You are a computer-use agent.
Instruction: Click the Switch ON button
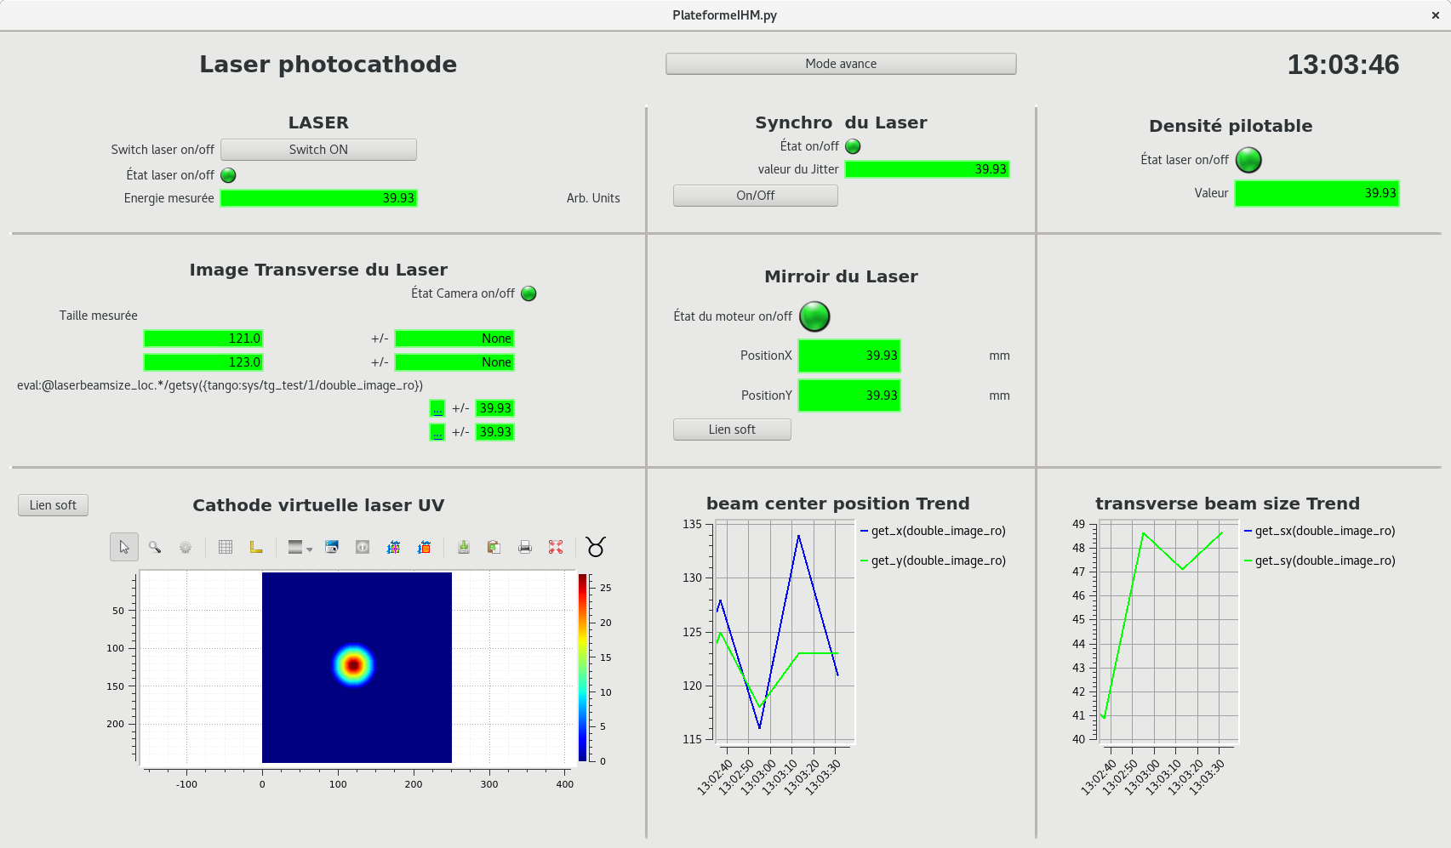coord(318,150)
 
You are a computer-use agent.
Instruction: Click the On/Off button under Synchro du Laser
coord(755,196)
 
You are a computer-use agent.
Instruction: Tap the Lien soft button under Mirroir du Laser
coord(732,430)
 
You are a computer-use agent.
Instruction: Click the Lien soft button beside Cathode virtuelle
coord(53,505)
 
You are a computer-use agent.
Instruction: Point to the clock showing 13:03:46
coord(1342,65)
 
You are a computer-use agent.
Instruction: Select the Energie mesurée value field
coord(318,198)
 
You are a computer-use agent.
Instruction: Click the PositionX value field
coord(848,356)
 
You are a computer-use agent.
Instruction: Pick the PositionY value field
coord(848,396)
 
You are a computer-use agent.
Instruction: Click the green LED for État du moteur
coord(814,316)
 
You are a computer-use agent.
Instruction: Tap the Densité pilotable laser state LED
coord(1248,160)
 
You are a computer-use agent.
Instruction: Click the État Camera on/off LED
coord(528,293)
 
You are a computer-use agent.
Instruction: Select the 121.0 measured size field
coord(203,339)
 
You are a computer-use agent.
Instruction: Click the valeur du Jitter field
coord(927,169)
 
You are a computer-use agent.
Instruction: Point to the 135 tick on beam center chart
coord(692,525)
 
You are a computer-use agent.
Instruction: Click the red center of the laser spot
coord(353,665)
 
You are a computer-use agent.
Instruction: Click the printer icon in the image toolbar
coord(525,547)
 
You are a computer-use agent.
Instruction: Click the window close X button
coord(1436,15)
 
